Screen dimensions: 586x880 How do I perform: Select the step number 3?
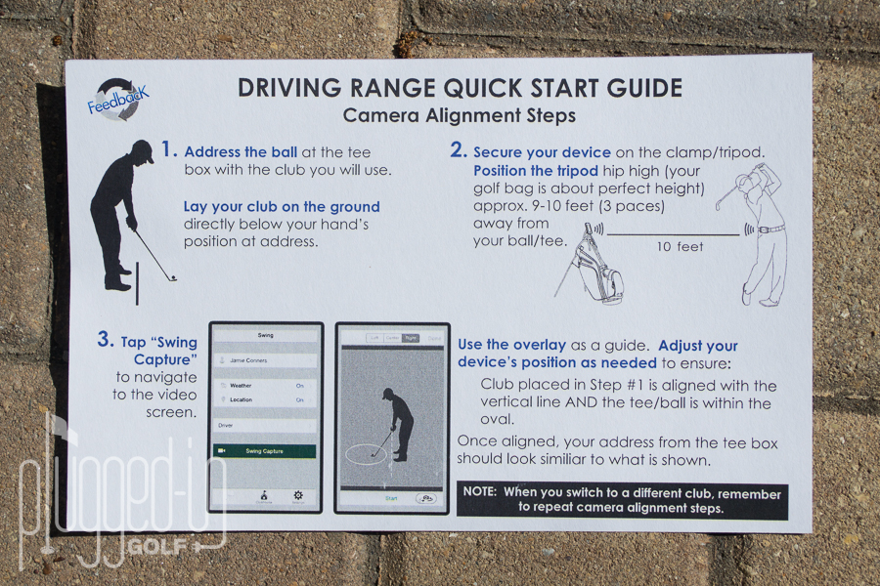tap(106, 340)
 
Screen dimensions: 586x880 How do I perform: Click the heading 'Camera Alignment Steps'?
tap(459, 115)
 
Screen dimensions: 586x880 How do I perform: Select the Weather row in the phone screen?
tap(265, 385)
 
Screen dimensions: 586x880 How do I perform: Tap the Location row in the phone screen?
tap(265, 399)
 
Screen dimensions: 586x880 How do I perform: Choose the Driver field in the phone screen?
tap(265, 426)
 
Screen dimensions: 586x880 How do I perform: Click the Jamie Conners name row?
tap(265, 360)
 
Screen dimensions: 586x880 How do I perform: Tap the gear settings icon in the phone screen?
tap(298, 497)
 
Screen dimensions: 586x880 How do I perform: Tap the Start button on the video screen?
tap(391, 498)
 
